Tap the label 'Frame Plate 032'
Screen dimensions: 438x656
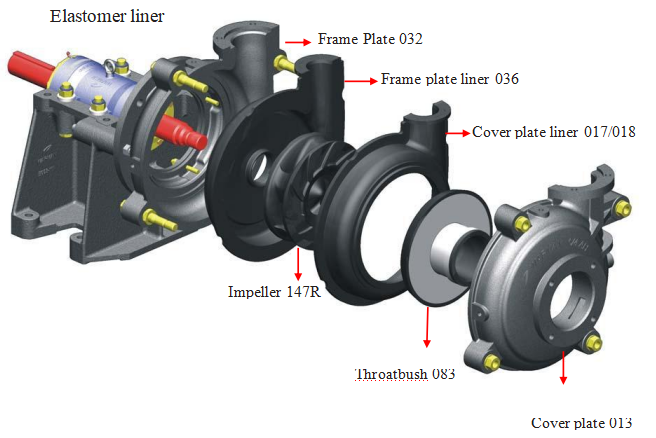point(370,40)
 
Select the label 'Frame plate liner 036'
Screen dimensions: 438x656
point(450,79)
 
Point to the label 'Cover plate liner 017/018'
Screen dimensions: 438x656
point(553,132)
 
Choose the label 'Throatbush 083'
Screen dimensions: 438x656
point(405,375)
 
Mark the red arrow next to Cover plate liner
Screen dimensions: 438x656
point(457,131)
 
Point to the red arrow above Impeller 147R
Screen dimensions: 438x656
point(298,264)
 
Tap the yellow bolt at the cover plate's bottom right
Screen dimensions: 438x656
point(597,344)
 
